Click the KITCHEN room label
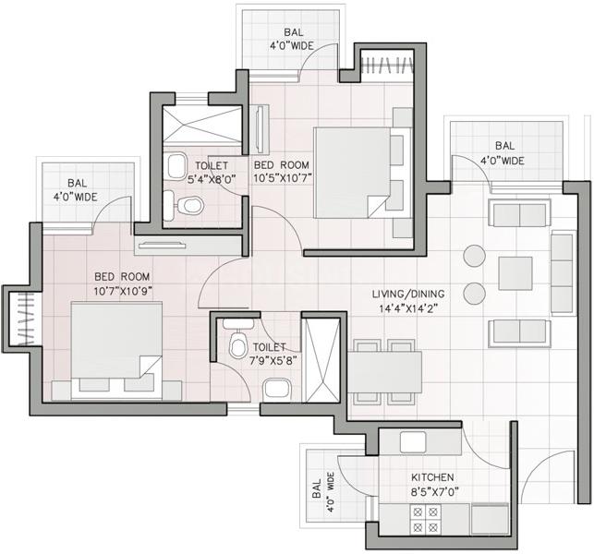pos(433,478)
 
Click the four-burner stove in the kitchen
pos(427,521)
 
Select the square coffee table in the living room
pos(515,273)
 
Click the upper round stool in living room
pos(475,256)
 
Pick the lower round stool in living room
pos(475,293)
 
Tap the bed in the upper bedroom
pos(358,170)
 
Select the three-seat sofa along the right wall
pos(561,272)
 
